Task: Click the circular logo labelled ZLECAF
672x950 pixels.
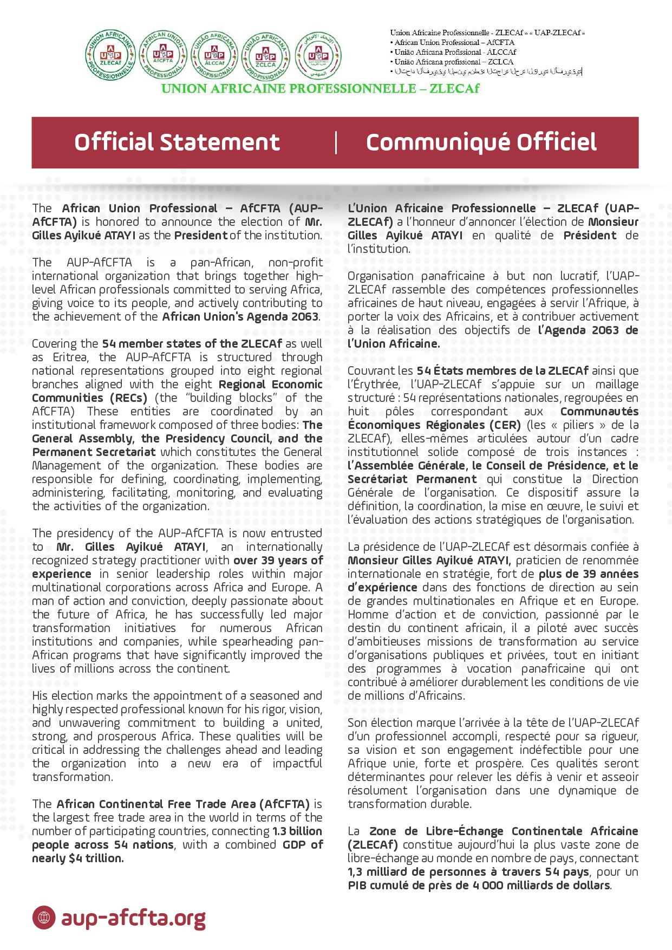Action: click(110, 55)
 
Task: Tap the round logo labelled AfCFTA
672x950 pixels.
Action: click(162, 55)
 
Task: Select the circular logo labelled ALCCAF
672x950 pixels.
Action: click(214, 55)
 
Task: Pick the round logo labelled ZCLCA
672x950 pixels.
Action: click(266, 55)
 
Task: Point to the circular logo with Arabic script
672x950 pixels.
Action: click(318, 55)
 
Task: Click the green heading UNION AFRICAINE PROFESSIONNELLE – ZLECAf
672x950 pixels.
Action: click(321, 89)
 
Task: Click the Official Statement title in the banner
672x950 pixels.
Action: click(177, 142)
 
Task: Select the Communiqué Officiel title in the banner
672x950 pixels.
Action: click(481, 142)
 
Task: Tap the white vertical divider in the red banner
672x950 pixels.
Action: click(336, 142)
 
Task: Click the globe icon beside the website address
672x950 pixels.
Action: click(44, 918)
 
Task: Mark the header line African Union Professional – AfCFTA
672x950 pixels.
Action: click(454, 42)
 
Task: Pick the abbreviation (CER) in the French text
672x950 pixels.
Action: click(504, 425)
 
